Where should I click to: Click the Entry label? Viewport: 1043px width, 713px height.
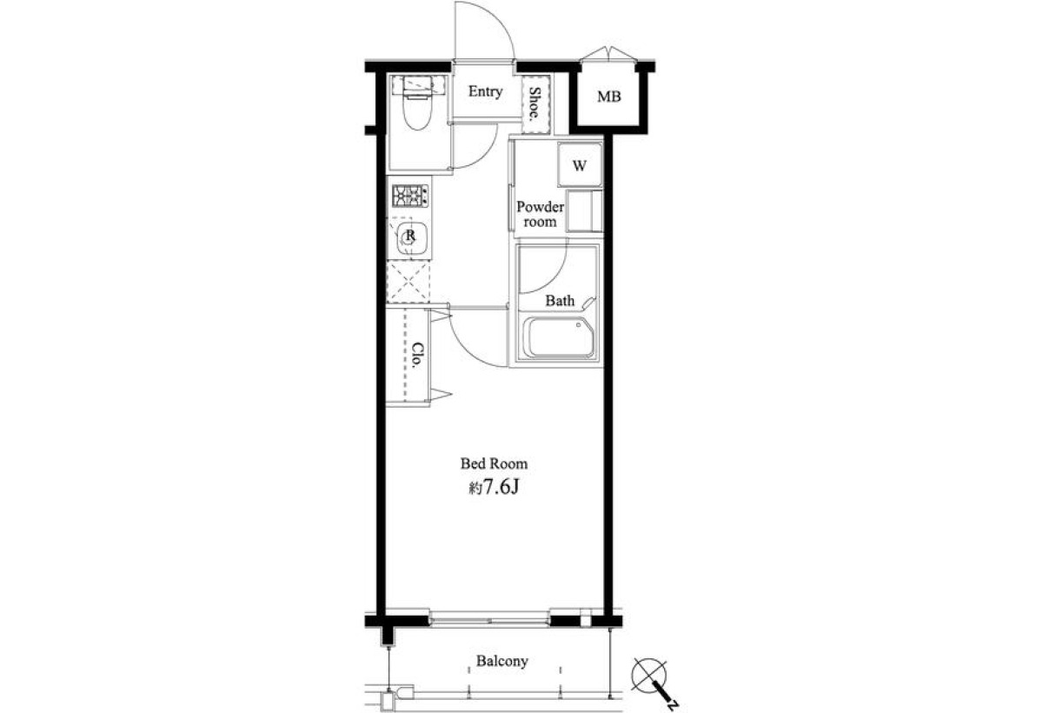(x=485, y=91)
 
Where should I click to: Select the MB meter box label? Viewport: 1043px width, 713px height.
(x=609, y=97)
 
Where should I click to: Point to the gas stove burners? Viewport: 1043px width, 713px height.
(x=410, y=196)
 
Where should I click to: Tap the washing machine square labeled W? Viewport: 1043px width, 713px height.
(x=579, y=165)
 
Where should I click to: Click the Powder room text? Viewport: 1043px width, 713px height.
(x=540, y=214)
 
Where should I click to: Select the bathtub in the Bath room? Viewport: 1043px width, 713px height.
(x=560, y=337)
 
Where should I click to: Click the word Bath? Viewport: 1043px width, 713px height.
(x=560, y=301)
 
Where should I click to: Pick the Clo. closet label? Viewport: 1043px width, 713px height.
(x=419, y=356)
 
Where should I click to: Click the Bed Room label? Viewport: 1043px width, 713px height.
(x=494, y=463)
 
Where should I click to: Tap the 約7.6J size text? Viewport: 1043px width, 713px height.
(x=494, y=488)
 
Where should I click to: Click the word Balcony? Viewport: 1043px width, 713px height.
(x=502, y=662)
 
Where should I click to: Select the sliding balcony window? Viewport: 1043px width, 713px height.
(x=489, y=621)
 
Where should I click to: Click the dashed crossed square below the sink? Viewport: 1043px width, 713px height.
(x=409, y=283)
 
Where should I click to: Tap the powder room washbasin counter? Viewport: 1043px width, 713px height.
(x=584, y=211)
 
